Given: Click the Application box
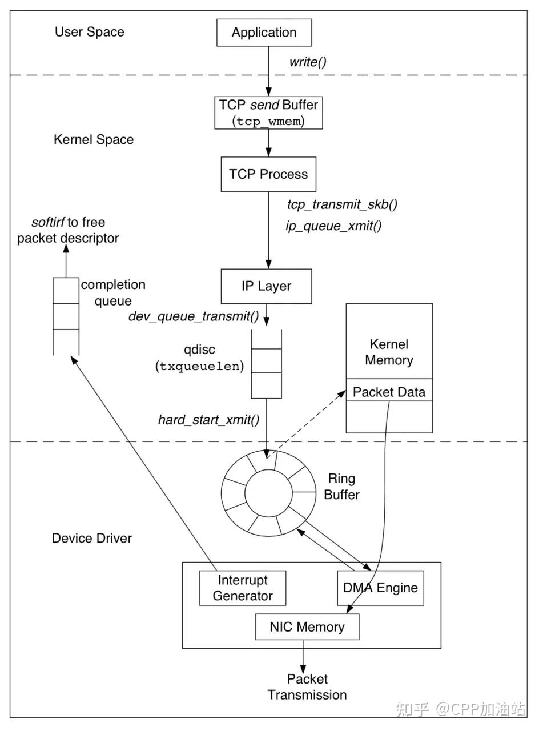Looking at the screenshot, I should click(x=264, y=33).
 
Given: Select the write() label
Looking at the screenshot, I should click(x=308, y=62).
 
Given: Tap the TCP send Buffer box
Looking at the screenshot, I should click(x=268, y=113).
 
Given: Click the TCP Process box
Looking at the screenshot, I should click(x=268, y=174).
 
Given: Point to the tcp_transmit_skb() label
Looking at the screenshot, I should click(x=342, y=204).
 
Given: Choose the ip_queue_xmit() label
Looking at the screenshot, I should click(x=333, y=226).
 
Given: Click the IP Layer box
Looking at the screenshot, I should click(x=266, y=286).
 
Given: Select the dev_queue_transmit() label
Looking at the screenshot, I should click(x=194, y=316).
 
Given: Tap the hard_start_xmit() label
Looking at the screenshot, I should click(x=209, y=420).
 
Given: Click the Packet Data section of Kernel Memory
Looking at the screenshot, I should click(x=389, y=392).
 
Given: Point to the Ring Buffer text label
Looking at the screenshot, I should click(x=341, y=487).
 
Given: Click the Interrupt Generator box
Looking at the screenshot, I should click(x=243, y=588).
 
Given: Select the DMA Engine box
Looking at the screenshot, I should click(x=380, y=588).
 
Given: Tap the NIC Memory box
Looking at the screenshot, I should click(x=307, y=627).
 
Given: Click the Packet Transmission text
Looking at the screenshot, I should click(x=307, y=687).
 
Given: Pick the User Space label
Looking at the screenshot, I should click(x=90, y=32).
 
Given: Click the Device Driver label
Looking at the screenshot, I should click(x=92, y=538).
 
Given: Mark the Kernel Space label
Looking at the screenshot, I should click(x=94, y=140).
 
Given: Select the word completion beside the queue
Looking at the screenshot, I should click(x=113, y=284).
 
